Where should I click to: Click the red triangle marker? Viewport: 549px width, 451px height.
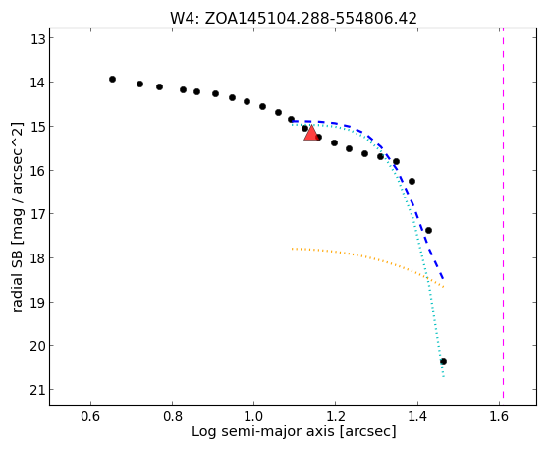(x=311, y=134)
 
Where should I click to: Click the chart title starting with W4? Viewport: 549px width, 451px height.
(x=294, y=18)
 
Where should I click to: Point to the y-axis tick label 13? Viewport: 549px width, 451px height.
(x=37, y=39)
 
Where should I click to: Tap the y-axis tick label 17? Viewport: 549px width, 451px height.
(x=37, y=214)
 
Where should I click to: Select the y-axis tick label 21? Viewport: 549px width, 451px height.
(x=37, y=390)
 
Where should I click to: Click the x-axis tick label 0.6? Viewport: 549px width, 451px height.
(x=91, y=416)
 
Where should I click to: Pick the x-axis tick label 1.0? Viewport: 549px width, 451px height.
(x=253, y=416)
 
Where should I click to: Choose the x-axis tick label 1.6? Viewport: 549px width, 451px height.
(x=499, y=416)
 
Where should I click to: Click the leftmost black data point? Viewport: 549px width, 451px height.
(x=112, y=79)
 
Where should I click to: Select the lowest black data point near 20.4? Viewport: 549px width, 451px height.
(x=443, y=361)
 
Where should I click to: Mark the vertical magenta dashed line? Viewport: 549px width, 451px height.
(x=503, y=214)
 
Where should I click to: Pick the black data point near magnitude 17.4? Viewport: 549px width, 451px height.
(x=428, y=230)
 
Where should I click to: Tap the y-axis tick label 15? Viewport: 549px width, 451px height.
(x=37, y=126)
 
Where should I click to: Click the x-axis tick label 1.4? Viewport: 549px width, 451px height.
(x=417, y=416)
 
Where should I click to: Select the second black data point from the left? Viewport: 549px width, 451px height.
(x=139, y=84)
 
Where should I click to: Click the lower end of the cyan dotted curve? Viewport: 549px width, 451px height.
(x=444, y=377)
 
